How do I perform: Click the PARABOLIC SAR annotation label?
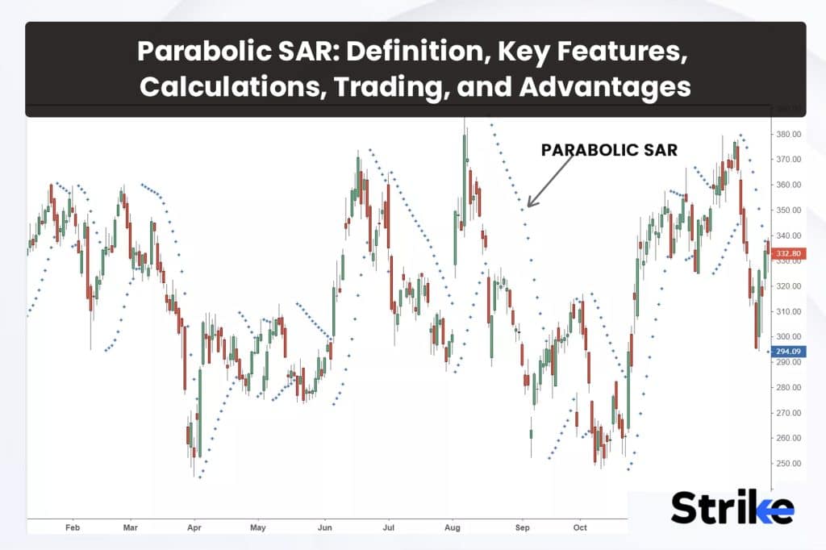pyautogui.click(x=609, y=150)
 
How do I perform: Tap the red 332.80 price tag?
pyautogui.click(x=786, y=254)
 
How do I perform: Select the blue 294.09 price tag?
pyautogui.click(x=786, y=352)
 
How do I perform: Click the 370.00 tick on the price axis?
pyautogui.click(x=788, y=160)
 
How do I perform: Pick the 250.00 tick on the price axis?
pyautogui.click(x=788, y=464)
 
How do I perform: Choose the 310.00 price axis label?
pyautogui.click(x=788, y=311)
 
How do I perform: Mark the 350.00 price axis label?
pyautogui.click(x=788, y=210)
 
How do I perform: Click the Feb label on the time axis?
pyautogui.click(x=73, y=528)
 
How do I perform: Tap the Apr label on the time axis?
pyautogui.click(x=194, y=528)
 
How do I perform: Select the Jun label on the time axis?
pyautogui.click(x=325, y=528)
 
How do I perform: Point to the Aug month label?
pyautogui.click(x=452, y=528)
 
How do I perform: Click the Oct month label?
pyautogui.click(x=580, y=528)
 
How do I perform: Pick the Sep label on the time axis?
pyautogui.click(x=522, y=528)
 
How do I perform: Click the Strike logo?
pyautogui.click(x=732, y=507)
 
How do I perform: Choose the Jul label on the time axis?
pyautogui.click(x=387, y=528)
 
